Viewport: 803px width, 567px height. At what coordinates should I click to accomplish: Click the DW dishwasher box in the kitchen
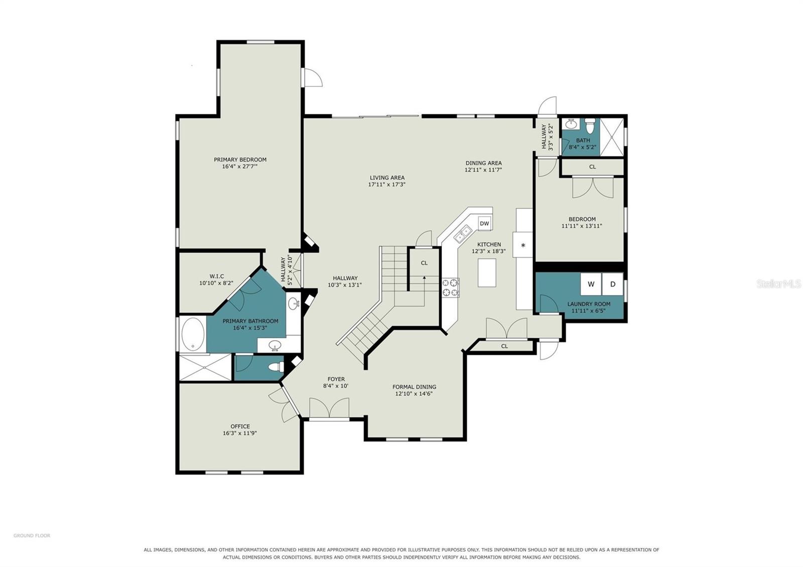[484, 223]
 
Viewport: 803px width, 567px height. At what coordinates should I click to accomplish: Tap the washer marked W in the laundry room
[591, 284]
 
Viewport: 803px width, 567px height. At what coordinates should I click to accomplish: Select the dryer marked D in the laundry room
[613, 284]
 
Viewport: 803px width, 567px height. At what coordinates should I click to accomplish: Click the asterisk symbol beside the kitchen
[523, 246]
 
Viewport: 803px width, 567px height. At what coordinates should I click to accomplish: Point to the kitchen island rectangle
[487, 273]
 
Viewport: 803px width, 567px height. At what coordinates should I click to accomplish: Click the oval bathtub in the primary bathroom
[193, 334]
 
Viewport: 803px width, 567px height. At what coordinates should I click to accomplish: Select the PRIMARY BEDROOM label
[240, 160]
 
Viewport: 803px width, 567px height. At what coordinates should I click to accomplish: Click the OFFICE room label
[240, 426]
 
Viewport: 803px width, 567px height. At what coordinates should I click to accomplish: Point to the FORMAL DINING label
[414, 387]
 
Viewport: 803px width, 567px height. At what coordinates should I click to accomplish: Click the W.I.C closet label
[216, 276]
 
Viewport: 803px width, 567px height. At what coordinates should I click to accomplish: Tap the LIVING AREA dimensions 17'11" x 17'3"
[387, 185]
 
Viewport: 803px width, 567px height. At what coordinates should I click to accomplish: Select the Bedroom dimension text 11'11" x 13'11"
[582, 226]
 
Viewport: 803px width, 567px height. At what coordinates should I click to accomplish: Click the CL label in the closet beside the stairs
[424, 263]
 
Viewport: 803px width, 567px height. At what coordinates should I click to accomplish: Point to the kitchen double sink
[462, 234]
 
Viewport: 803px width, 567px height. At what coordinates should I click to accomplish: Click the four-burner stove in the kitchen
[451, 288]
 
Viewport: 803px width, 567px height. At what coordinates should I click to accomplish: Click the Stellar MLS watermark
[778, 284]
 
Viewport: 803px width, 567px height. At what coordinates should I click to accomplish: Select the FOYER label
[336, 379]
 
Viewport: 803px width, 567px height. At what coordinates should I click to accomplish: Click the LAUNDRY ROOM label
[589, 304]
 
